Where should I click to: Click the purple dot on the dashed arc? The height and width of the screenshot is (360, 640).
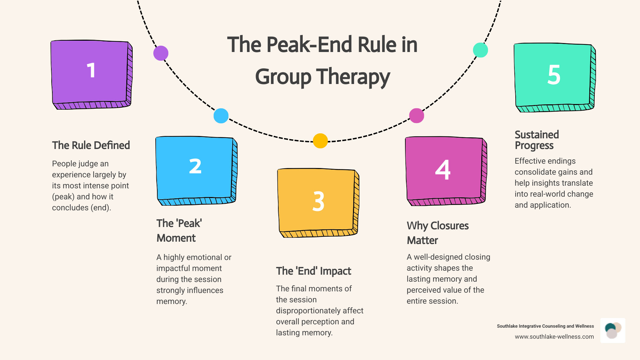[161, 53]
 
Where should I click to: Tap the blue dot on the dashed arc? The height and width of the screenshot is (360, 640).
[221, 116]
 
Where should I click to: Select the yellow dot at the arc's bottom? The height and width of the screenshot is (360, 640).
[320, 141]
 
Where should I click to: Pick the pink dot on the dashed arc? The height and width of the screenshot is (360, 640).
[417, 116]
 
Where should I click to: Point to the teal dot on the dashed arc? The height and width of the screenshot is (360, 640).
[480, 50]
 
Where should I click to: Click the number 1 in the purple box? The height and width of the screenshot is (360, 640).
[91, 71]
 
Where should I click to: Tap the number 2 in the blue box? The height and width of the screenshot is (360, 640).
[195, 166]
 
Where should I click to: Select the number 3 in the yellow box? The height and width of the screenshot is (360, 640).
[318, 201]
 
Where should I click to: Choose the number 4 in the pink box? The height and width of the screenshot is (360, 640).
[443, 170]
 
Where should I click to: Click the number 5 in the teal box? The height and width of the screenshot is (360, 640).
[554, 75]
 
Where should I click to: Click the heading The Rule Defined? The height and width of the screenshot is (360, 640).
[91, 145]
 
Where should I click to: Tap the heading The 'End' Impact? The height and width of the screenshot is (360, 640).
[313, 271]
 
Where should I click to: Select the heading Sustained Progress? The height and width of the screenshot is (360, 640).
[537, 140]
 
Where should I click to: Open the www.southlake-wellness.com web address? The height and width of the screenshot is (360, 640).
[554, 337]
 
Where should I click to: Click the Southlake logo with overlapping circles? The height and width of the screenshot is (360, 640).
[613, 330]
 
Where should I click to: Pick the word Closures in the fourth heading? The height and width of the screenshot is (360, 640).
[449, 226]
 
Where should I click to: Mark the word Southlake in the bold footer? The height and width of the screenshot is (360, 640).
[507, 326]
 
